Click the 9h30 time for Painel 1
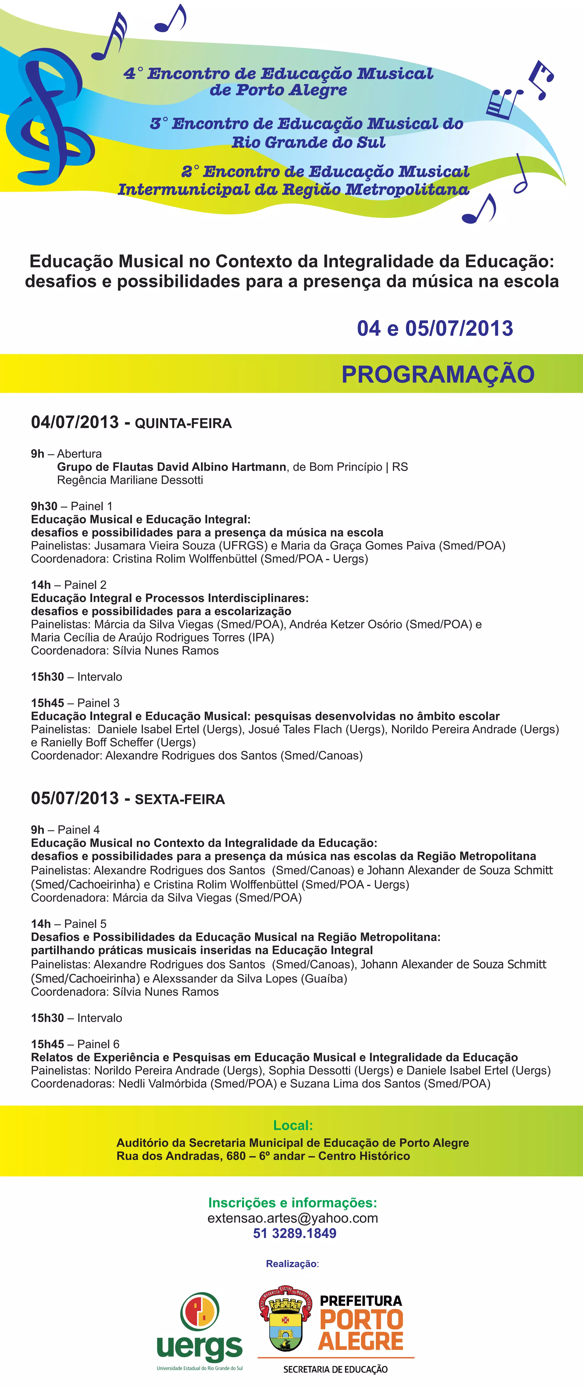[x=44, y=506]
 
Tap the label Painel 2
[x=85, y=585]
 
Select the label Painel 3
[x=98, y=703]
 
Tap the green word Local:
[x=293, y=1125]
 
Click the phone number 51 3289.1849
[x=295, y=1234]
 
